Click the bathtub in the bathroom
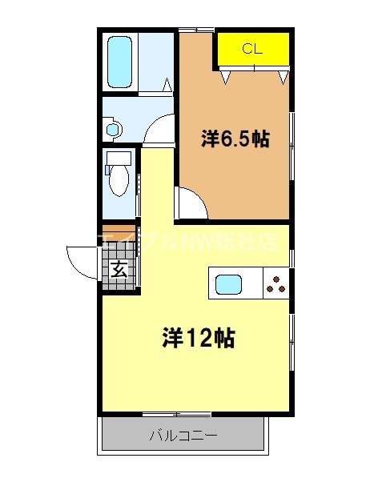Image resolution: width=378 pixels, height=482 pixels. point(120,62)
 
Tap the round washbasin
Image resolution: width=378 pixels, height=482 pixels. point(111,128)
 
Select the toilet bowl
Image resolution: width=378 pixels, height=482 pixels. point(119,180)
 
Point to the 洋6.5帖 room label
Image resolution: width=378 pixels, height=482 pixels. point(234,139)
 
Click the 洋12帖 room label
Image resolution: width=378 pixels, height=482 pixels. point(199,338)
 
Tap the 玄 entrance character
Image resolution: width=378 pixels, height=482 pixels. point(119,269)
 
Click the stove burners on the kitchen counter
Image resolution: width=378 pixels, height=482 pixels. point(275,284)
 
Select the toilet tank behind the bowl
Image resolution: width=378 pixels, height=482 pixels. point(119,158)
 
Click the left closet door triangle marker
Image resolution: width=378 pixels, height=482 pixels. point(227,77)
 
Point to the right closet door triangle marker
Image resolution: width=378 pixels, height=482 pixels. point(282,77)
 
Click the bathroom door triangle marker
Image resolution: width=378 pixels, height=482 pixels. point(167,84)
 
